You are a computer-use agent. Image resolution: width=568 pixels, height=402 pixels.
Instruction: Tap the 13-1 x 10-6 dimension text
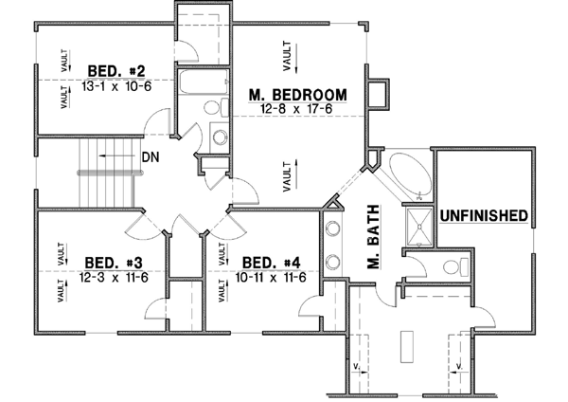115,84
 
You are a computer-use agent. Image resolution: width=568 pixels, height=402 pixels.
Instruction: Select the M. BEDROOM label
297,94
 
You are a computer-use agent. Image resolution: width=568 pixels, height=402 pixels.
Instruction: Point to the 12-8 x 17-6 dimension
297,109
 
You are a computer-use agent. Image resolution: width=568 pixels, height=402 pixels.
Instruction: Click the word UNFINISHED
482,216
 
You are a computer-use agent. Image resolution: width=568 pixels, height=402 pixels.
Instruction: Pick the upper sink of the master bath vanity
333,228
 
